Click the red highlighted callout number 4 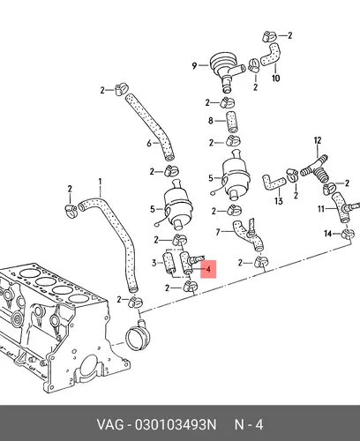tap(208, 269)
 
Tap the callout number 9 tap(194, 65)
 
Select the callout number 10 tap(275, 78)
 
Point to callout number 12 tap(318, 140)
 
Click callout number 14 tap(327, 234)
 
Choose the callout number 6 tap(149, 143)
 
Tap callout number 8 tap(211, 120)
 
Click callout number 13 tap(279, 201)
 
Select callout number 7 tap(218, 232)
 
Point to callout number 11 tap(321, 209)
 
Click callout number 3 tap(154, 263)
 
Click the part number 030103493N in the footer tap(176, 425)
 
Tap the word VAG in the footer tap(110, 425)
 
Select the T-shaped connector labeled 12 tap(313, 169)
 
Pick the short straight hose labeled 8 tap(232, 122)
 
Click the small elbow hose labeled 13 tap(273, 182)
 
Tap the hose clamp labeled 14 tap(347, 235)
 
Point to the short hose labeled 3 tap(169, 262)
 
